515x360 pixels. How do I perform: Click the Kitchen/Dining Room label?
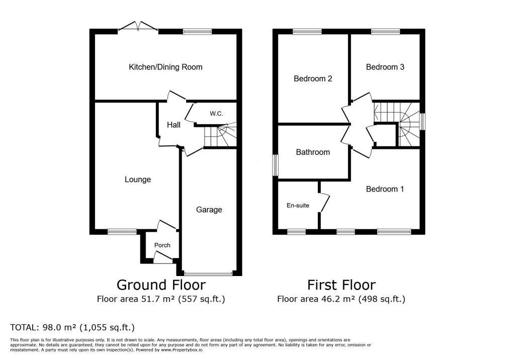(165, 67)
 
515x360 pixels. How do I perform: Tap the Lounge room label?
(138, 179)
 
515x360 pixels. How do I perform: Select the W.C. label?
(216, 114)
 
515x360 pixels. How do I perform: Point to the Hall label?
(174, 125)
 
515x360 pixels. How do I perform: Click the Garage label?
(209, 210)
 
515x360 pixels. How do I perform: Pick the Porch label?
(162, 245)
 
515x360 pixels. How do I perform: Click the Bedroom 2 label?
(313, 79)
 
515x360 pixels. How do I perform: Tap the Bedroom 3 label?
(385, 67)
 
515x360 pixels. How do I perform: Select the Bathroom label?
(313, 152)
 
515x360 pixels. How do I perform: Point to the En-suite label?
(298, 206)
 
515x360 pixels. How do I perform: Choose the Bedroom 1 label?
(385, 189)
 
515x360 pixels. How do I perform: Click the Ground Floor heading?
(161, 285)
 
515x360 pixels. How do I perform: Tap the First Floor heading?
(341, 285)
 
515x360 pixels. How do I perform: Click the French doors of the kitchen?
(138, 28)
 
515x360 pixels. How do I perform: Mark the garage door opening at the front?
(208, 274)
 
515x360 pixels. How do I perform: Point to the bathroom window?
(276, 165)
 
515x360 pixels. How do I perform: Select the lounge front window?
(122, 232)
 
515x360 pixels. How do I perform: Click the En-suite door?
(324, 203)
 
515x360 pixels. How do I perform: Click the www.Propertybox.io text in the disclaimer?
(182, 350)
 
